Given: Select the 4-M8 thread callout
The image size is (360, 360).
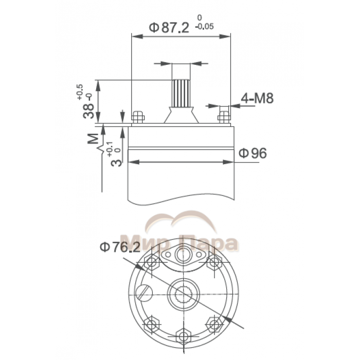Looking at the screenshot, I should click(x=257, y=99).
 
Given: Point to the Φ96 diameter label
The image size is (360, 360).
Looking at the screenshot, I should click(x=253, y=153).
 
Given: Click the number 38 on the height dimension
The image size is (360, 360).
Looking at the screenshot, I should click(x=91, y=109).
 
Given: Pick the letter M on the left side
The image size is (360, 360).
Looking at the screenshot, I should click(x=93, y=139).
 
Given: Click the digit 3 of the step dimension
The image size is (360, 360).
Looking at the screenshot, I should click(x=117, y=162).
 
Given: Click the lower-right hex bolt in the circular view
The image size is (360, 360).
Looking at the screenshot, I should click(x=213, y=323).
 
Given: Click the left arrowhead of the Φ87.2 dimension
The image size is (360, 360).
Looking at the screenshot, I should click(x=135, y=37).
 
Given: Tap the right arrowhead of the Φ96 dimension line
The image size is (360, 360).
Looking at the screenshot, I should click(x=231, y=161).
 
